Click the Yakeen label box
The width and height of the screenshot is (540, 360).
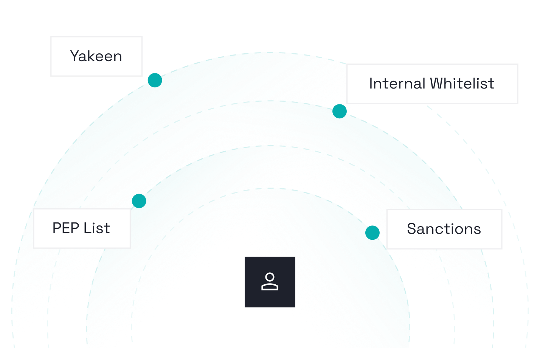tap(96, 56)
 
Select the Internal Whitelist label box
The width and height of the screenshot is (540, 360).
tap(432, 84)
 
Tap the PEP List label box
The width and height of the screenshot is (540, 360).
tap(82, 228)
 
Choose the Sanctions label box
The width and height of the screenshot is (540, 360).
tap(444, 229)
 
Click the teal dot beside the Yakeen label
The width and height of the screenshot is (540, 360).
tap(155, 80)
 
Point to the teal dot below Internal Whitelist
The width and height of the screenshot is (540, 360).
tap(340, 111)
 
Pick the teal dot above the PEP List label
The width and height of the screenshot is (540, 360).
tap(139, 201)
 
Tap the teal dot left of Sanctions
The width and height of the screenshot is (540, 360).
tap(372, 233)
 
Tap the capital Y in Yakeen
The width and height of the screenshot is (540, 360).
tap(75, 56)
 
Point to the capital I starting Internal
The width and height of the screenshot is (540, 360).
tap(371, 84)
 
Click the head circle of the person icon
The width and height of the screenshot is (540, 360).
tap(270, 277)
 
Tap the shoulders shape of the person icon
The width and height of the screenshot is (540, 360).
tap(270, 287)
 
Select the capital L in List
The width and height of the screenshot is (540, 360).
tap(87, 228)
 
